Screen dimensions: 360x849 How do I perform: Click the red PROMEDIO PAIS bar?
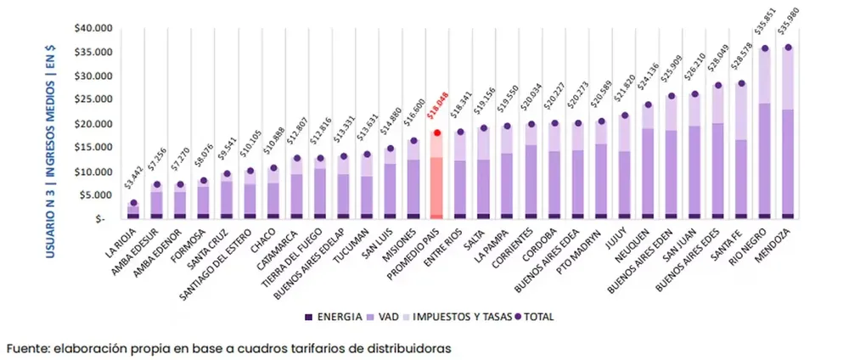pos(436,178)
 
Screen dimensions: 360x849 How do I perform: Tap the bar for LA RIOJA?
pos(134,211)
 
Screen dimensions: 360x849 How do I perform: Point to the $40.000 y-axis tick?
pos(92,28)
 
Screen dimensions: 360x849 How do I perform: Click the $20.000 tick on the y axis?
pos(92,124)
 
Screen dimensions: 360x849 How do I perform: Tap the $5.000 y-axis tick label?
pos(94,195)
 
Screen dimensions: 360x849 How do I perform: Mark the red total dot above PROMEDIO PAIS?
pos(436,133)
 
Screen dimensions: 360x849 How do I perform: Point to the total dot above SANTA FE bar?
pos(741,83)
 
